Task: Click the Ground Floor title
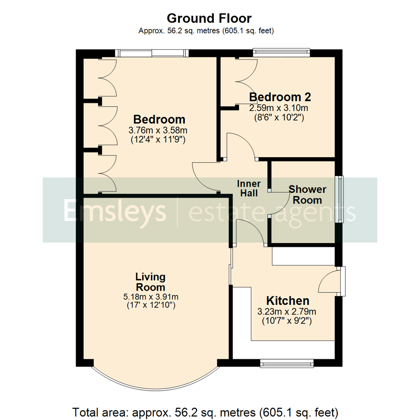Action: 209,18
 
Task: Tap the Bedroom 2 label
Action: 280,97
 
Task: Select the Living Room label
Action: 150,282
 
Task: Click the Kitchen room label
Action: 288,301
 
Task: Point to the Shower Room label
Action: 307,195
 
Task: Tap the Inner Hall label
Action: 249,188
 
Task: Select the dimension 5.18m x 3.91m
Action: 151,297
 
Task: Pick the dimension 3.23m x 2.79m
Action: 287,311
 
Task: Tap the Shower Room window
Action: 340,199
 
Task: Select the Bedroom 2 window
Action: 281,52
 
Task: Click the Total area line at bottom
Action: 205,411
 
